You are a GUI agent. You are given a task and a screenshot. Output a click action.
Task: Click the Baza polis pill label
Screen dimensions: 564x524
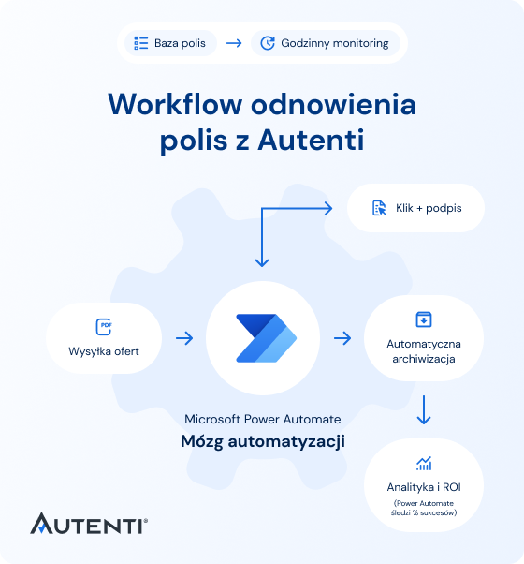(182, 43)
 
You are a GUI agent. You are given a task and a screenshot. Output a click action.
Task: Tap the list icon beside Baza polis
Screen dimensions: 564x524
(141, 43)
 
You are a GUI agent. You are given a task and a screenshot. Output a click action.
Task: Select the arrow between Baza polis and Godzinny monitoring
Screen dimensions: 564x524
(233, 43)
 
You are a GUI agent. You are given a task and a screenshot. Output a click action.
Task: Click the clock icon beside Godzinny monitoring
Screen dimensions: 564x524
(267, 43)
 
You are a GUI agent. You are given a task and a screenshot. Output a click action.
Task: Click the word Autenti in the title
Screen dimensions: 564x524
(311, 141)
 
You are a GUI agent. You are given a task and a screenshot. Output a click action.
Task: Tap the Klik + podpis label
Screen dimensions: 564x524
(429, 208)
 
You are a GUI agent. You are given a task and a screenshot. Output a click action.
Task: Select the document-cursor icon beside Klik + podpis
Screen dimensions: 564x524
(379, 208)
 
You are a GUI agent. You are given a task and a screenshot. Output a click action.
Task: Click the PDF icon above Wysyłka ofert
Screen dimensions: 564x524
(104, 327)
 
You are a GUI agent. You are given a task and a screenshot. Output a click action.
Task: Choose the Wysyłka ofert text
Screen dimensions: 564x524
(104, 352)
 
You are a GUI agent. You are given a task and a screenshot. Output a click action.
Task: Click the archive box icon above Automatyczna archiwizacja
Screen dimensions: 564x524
(423, 319)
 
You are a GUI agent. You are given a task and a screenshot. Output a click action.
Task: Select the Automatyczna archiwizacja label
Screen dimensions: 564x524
(423, 351)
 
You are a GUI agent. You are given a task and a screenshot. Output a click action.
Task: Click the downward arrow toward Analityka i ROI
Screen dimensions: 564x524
(424, 410)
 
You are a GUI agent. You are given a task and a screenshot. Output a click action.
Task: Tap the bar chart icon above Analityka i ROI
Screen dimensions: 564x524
(424, 464)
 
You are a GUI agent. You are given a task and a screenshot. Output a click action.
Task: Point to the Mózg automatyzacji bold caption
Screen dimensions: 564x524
(263, 442)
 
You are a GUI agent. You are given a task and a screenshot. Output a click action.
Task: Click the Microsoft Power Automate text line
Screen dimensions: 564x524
(263, 419)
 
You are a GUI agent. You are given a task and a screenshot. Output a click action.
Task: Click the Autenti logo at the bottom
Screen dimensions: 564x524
(89, 523)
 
